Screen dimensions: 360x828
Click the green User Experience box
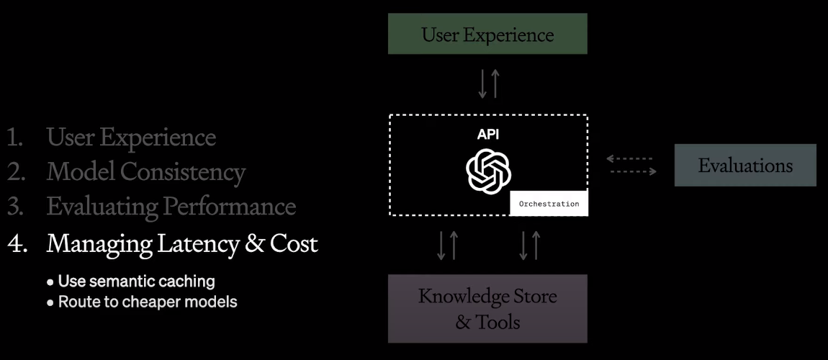[487, 34]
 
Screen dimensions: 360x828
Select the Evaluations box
[745, 166]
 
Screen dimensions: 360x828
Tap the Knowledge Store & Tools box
[487, 308]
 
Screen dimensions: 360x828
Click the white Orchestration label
[549, 204]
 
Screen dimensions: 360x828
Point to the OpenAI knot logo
[489, 171]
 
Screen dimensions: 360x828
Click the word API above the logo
[488, 134]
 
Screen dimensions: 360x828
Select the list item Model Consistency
[145, 172]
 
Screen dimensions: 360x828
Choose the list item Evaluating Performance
[171, 207]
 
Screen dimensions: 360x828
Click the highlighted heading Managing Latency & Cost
[181, 243]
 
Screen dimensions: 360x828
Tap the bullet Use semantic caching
[136, 281]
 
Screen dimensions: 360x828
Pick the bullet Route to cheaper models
[147, 302]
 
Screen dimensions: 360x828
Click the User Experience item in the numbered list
[131, 137]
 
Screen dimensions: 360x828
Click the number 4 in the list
[16, 244]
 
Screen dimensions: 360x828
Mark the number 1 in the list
[14, 137]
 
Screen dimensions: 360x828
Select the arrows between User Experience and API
[488, 84]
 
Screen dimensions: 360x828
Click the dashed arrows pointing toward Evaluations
[631, 165]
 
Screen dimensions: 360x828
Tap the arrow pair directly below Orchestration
[530, 245]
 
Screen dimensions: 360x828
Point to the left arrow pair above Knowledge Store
[447, 245]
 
